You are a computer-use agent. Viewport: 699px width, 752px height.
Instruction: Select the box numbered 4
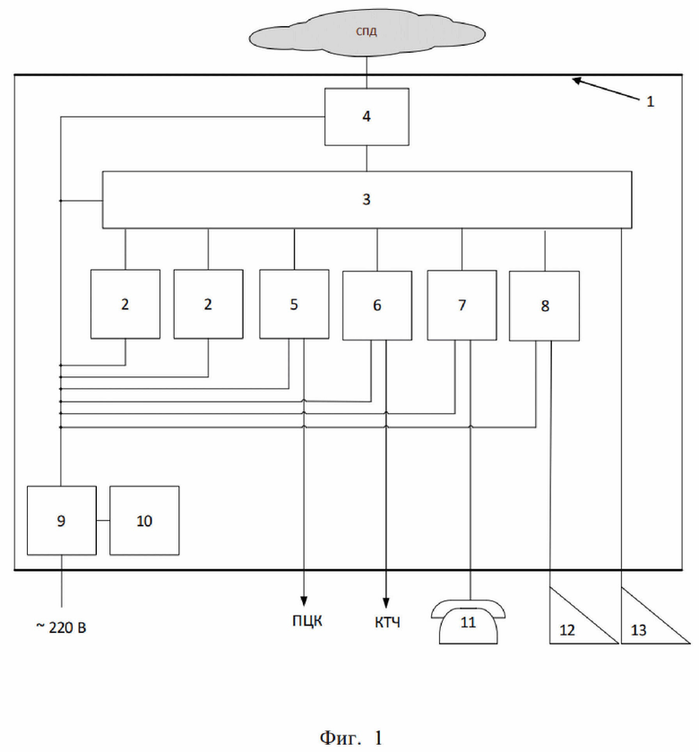tap(367, 116)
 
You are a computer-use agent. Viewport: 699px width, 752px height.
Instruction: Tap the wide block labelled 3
tap(367, 199)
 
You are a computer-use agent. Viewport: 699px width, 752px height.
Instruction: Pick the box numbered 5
tap(294, 304)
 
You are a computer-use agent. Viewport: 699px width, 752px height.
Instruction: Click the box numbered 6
tap(377, 305)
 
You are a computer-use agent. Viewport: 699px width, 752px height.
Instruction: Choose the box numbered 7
tap(462, 305)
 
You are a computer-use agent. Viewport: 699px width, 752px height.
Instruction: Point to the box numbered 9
tap(61, 520)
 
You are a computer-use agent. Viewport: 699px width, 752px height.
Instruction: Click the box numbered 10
tap(144, 520)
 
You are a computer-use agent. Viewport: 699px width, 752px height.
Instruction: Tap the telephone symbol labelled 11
tap(469, 621)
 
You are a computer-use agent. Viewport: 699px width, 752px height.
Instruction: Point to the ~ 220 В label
tap(61, 626)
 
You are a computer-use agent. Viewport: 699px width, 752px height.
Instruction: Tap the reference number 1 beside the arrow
tap(651, 101)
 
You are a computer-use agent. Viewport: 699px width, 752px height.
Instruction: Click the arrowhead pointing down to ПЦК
tap(304, 602)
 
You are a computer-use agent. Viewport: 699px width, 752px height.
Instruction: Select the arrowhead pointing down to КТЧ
tap(386, 602)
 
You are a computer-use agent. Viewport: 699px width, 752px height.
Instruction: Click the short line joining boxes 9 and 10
tap(102, 521)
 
